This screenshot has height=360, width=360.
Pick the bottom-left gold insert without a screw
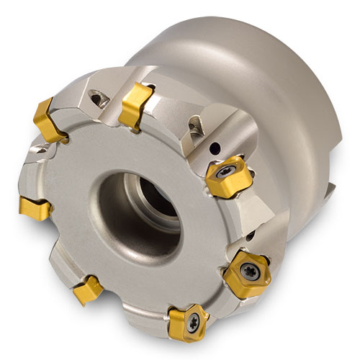tap(90, 291)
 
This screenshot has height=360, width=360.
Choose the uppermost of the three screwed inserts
tap(224, 172)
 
